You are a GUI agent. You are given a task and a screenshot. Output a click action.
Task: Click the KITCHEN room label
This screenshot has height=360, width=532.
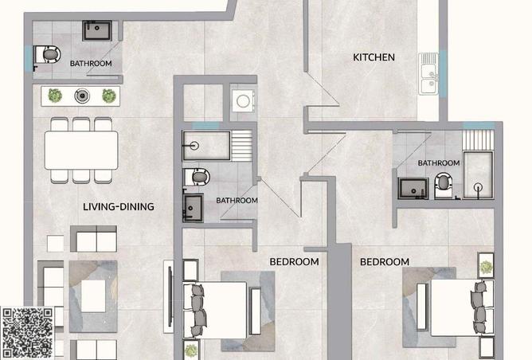tap(374, 57)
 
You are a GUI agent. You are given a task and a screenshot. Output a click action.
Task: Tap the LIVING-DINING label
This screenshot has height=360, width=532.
tap(119, 206)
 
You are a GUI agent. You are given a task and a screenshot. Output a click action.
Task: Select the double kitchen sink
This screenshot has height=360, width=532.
tap(428, 73)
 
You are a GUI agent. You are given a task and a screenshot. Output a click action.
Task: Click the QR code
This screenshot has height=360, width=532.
tap(28, 333)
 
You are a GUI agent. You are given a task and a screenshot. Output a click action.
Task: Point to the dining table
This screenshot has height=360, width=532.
tap(81, 150)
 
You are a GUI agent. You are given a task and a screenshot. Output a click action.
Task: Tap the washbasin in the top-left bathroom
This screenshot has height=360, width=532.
tap(97, 30)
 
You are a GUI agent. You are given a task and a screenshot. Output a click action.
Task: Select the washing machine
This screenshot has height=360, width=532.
tap(243, 101)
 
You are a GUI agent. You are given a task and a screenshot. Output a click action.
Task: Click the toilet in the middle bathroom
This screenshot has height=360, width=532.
tap(197, 177)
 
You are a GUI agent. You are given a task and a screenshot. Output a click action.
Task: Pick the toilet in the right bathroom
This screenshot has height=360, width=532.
tap(444, 185)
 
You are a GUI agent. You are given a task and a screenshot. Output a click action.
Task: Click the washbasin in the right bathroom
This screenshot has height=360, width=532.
tap(413, 188)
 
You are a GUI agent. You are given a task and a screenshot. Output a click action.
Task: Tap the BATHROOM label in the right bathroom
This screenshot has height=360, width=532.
tap(439, 163)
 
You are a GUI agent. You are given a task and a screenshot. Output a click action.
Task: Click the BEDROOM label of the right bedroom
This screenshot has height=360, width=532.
tap(385, 262)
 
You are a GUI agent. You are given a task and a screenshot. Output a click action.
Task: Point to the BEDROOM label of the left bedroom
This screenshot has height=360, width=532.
tap(294, 262)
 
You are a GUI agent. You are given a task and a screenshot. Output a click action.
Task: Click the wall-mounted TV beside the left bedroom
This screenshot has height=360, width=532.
tap(169, 296)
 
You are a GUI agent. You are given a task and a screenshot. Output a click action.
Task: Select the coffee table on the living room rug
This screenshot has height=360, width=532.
tap(93, 295)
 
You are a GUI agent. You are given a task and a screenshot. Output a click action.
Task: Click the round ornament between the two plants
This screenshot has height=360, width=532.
tap(82, 96)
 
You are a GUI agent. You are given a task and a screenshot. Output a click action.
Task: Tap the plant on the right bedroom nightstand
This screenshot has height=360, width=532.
tap(486, 268)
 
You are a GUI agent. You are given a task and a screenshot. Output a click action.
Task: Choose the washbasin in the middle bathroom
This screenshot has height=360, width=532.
tap(193, 208)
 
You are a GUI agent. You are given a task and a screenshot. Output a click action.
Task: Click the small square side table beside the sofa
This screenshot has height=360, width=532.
tap(55, 244)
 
